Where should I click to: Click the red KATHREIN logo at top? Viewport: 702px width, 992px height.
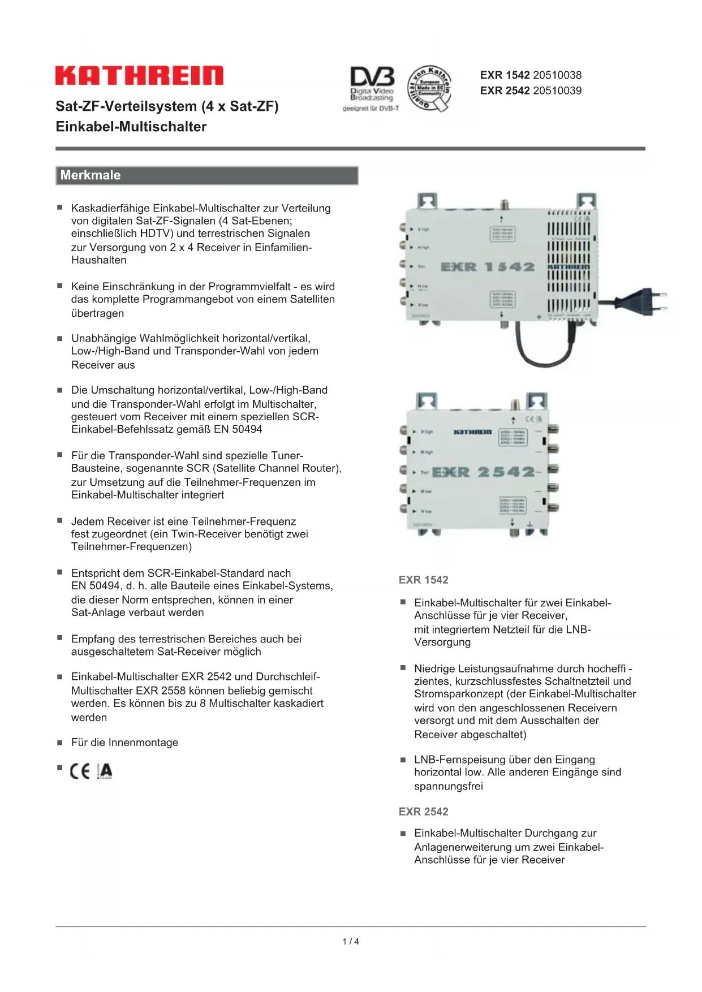click(139, 75)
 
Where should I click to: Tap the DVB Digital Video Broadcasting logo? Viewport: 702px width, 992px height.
click(372, 85)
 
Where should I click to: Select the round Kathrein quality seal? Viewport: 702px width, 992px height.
click(430, 87)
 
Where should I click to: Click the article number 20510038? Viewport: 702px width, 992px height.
click(557, 75)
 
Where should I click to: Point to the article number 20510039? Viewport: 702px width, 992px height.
click(557, 90)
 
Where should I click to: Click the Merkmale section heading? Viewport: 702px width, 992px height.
click(91, 175)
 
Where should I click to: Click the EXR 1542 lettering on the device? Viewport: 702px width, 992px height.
click(487, 267)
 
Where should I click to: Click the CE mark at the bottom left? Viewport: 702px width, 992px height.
click(80, 771)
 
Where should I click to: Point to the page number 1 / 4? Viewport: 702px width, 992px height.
click(351, 942)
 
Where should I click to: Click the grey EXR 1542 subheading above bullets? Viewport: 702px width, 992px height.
click(423, 580)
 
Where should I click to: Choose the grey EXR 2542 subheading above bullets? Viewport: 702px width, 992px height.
click(423, 812)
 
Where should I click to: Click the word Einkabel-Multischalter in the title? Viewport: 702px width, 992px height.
click(131, 127)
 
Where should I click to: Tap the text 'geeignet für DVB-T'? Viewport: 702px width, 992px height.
click(371, 109)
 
